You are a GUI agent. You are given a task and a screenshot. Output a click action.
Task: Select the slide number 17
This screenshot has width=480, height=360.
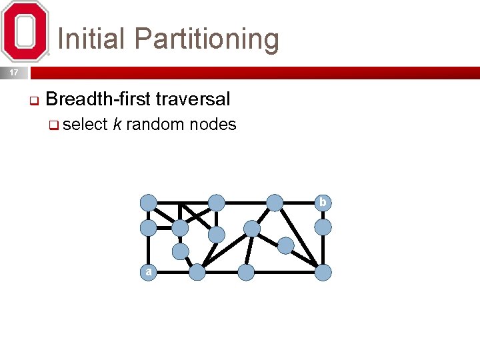tap(14, 73)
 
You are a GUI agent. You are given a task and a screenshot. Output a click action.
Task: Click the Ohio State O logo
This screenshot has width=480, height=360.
tap(25, 31)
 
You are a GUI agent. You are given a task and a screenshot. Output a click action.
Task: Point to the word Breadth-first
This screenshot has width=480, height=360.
tap(98, 99)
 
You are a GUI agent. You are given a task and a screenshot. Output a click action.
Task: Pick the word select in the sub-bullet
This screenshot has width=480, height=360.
tap(86, 124)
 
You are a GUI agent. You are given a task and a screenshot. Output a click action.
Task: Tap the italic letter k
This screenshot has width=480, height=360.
tap(117, 124)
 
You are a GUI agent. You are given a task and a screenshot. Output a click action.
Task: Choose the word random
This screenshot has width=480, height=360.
tap(155, 124)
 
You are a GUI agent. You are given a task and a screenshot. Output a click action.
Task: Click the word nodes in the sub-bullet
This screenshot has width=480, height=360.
tap(213, 124)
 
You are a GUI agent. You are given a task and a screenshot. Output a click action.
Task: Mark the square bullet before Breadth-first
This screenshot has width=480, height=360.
tap(33, 102)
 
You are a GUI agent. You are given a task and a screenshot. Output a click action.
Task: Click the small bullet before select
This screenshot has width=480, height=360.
tap(57, 125)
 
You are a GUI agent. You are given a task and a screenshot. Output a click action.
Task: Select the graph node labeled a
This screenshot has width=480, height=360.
tap(148, 272)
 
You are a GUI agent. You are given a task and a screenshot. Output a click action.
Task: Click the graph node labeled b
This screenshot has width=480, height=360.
tap(323, 202)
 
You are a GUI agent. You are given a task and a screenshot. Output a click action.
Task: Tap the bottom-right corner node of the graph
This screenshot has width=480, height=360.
tap(323, 272)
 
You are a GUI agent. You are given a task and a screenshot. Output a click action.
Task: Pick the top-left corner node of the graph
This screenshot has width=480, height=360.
tap(148, 202)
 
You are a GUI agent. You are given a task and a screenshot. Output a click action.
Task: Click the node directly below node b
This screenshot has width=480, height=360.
tap(323, 227)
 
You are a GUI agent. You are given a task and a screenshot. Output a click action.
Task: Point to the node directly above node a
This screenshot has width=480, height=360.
tap(148, 227)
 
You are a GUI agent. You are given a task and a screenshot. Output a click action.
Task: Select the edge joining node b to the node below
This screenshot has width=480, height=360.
tap(323, 215)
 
